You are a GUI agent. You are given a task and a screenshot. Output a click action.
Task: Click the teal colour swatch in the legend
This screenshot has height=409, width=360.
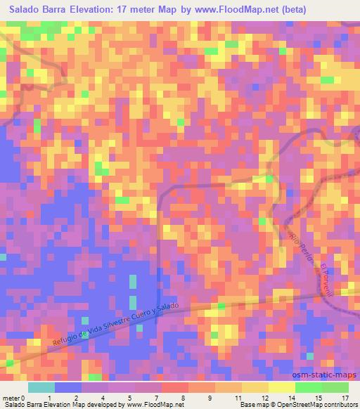point(41,387)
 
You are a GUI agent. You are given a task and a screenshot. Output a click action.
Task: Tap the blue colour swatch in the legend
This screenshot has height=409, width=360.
point(68,387)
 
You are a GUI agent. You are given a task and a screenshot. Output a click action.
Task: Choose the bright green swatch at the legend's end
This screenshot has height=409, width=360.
point(335,387)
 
